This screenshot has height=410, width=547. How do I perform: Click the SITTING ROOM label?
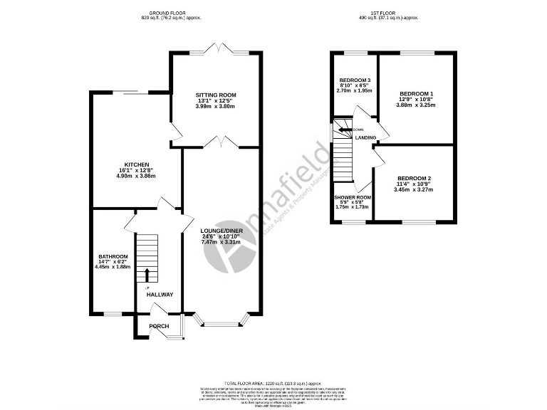coord(217,95)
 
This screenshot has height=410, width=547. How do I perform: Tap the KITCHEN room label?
coord(135,164)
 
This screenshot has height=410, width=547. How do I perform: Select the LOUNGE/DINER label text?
coord(222,231)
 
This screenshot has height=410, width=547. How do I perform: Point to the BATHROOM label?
coord(113,256)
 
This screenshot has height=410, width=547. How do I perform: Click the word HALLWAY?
coord(160,294)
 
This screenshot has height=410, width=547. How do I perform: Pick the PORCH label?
coord(159,327)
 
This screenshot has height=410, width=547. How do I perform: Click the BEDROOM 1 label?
coord(417,93)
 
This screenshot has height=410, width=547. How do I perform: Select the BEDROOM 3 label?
coord(355,80)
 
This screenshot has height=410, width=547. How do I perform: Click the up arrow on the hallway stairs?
coord(147,275)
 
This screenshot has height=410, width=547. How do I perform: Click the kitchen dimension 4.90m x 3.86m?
coord(135,176)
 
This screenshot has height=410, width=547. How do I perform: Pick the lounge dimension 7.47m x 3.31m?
coord(222,242)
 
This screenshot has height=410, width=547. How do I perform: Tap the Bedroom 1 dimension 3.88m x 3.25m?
coord(417,105)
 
